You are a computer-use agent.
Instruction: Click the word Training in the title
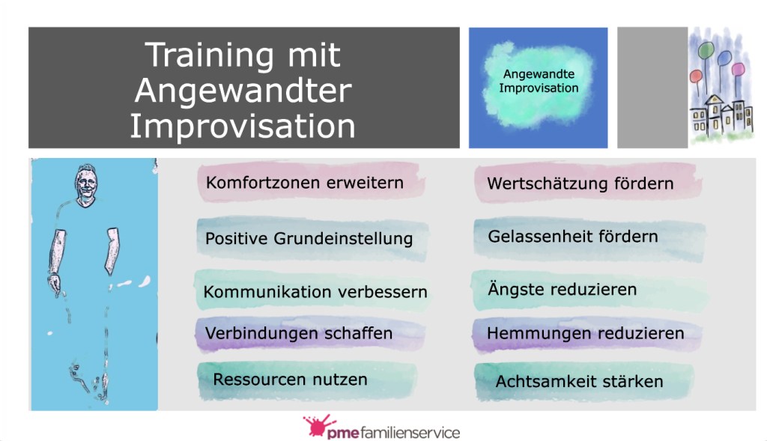point(209,55)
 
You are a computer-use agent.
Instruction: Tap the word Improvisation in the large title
point(243,126)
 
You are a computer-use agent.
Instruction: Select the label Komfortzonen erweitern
point(305,183)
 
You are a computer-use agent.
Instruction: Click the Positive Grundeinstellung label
point(309,239)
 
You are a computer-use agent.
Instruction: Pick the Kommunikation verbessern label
point(315,292)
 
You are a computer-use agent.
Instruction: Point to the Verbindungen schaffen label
point(299,333)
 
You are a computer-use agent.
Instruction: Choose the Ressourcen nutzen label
point(290,380)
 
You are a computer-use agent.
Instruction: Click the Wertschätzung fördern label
point(580,184)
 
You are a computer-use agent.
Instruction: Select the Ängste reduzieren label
point(562,289)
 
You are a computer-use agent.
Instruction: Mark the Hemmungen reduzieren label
point(586,333)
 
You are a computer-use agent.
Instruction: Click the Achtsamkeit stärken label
point(579,381)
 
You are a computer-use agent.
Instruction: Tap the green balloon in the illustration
point(706,50)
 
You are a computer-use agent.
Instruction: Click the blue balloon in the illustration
point(724,58)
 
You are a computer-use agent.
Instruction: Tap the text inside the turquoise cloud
point(539,81)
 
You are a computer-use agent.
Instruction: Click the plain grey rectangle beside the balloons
point(652,88)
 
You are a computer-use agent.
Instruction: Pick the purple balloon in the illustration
point(738,70)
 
